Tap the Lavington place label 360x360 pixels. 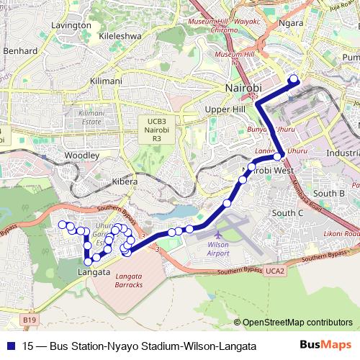click(x=71, y=25)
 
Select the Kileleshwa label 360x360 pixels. click(x=121, y=35)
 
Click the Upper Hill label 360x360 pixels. click(x=221, y=109)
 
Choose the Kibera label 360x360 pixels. click(x=125, y=182)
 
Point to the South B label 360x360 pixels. click(x=330, y=193)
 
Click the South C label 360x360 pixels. click(x=288, y=213)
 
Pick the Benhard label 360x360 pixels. click(x=20, y=51)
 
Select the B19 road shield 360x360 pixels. click(x=28, y=318)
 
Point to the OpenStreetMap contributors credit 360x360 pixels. click(x=297, y=323)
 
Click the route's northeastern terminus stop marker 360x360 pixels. click(x=293, y=80)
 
